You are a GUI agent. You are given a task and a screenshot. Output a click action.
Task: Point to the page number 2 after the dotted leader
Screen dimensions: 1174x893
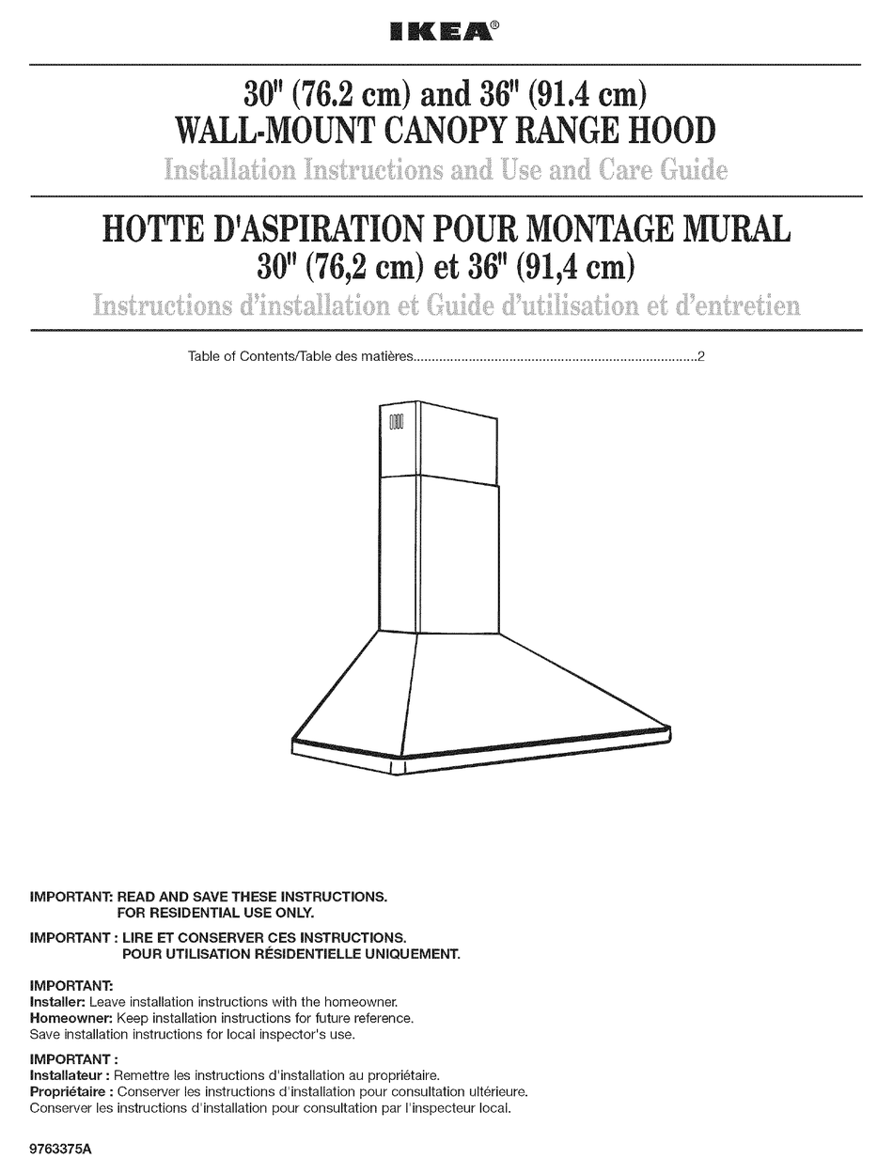(x=701, y=357)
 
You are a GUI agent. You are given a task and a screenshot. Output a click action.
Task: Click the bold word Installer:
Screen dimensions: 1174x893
(x=57, y=1002)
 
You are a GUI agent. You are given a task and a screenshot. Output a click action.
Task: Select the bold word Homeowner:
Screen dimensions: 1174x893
(x=71, y=1018)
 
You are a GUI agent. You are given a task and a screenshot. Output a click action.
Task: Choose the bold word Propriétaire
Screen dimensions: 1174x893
(x=70, y=1092)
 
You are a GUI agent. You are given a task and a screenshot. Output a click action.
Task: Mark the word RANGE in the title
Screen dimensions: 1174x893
(x=587, y=131)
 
